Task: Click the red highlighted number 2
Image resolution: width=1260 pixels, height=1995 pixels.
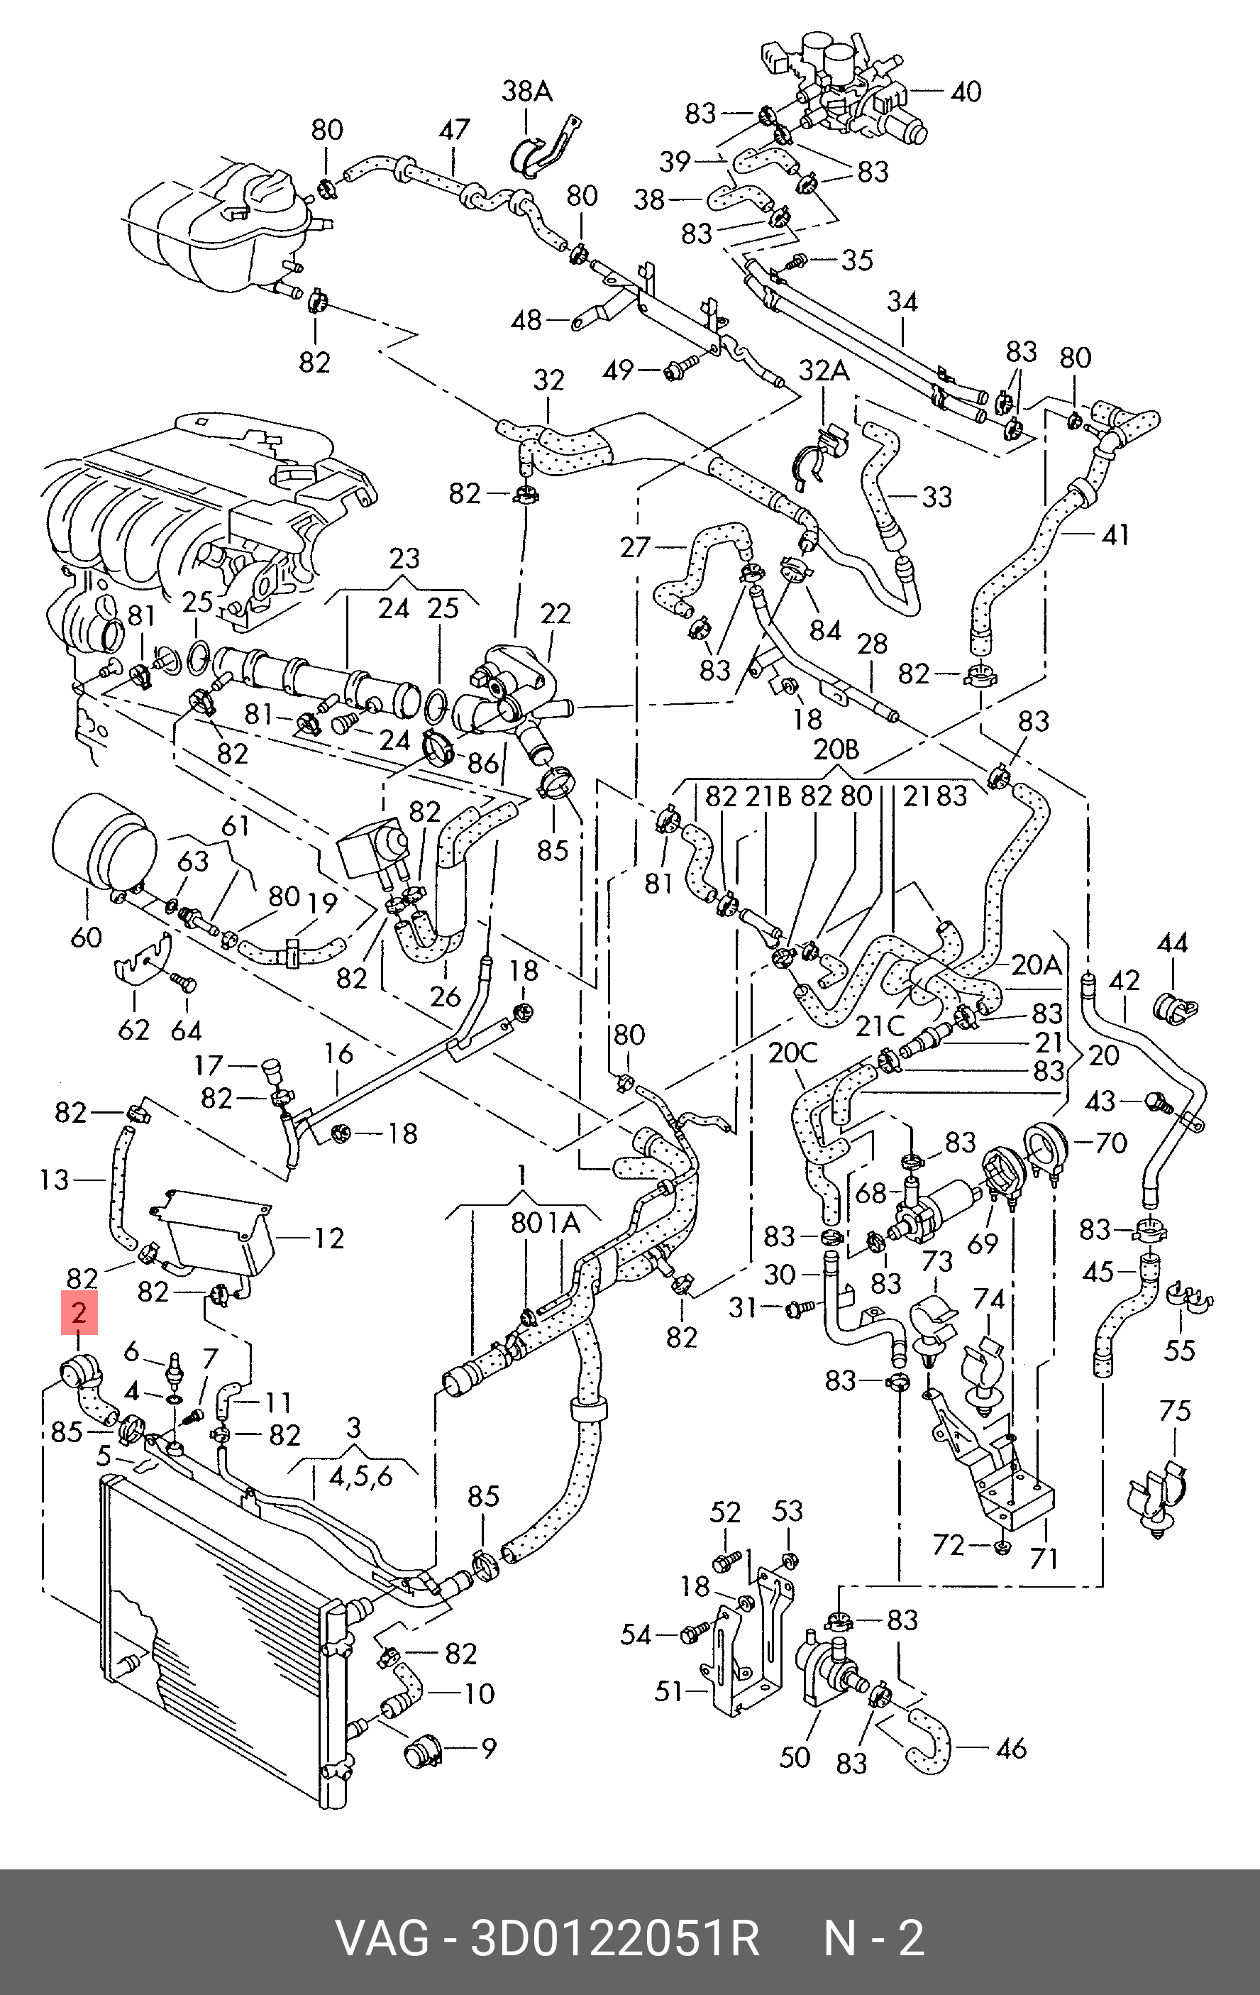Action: (79, 1313)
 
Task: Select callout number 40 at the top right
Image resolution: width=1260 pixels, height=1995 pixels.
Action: (965, 91)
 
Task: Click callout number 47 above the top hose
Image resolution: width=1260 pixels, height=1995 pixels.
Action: (454, 130)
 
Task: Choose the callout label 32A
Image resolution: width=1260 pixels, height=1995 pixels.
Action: (825, 370)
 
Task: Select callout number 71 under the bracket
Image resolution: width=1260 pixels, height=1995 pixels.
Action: (1044, 1559)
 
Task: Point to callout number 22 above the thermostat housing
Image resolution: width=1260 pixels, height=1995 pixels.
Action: (556, 614)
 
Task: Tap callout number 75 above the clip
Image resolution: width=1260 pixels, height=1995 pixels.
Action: (1175, 1411)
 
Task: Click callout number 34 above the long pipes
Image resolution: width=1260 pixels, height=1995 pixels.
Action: (902, 302)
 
